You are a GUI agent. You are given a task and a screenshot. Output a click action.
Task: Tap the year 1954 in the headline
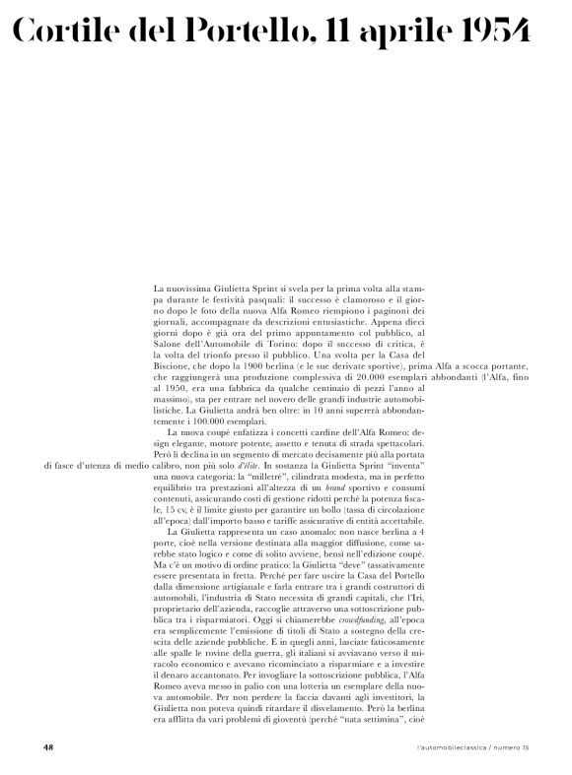[489, 32]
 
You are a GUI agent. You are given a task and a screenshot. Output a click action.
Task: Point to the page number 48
[48, 747]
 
